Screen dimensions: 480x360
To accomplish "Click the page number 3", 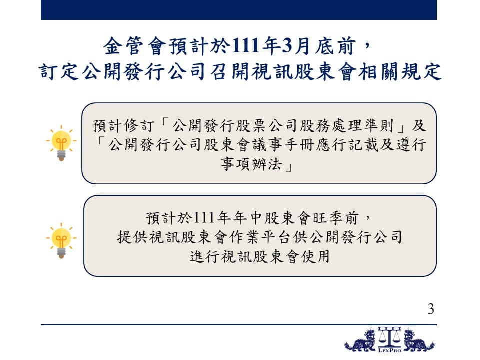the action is tap(430, 309).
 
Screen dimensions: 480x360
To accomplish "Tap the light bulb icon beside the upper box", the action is tap(61, 143).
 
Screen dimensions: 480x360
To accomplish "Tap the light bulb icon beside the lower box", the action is tap(61, 241).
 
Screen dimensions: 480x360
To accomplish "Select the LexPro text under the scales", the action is tap(389, 350).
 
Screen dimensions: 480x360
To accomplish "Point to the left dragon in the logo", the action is tap(360, 340).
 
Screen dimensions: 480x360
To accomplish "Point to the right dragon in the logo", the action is tap(419, 340).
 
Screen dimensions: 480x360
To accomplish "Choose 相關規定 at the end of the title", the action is tap(400, 72).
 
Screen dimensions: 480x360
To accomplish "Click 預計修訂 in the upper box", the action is tap(123, 126).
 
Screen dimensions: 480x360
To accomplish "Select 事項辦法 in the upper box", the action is tap(251, 164).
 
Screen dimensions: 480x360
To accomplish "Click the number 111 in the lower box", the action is tap(204, 218).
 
